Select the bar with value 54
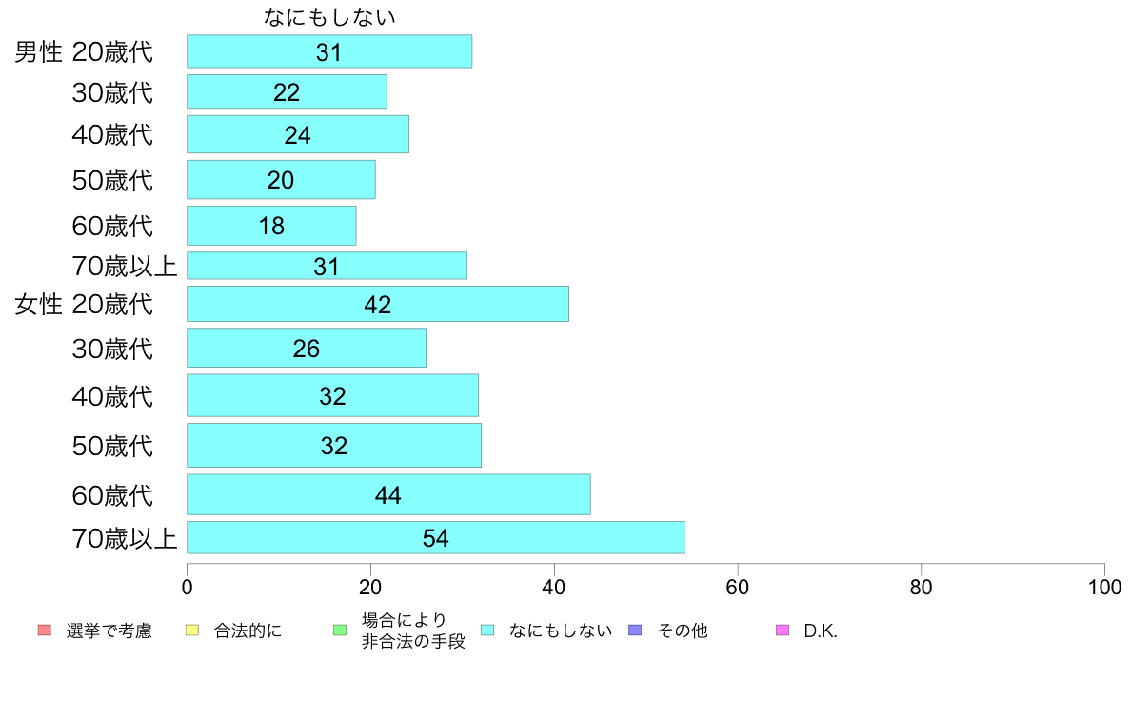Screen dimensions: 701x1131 (x=435, y=537)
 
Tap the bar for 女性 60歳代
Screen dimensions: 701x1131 (x=387, y=494)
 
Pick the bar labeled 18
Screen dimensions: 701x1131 (x=271, y=226)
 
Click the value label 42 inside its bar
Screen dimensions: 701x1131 (x=378, y=305)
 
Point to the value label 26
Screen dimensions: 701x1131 (x=307, y=349)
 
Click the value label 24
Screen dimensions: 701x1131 (x=298, y=135)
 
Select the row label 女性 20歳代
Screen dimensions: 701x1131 (x=84, y=305)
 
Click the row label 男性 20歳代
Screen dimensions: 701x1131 (x=84, y=51)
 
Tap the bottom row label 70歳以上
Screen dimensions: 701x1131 (x=125, y=539)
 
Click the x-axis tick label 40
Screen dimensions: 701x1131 (x=554, y=587)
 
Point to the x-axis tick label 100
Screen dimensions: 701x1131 (x=1104, y=587)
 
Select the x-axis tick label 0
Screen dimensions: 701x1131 (x=187, y=587)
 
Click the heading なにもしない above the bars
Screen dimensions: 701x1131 (x=329, y=17)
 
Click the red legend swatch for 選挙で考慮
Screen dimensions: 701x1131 (x=44, y=631)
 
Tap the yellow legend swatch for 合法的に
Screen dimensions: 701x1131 (x=191, y=631)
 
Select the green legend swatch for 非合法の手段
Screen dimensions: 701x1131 (x=339, y=631)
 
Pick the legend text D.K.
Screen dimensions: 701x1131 (x=821, y=631)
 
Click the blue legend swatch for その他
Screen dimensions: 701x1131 (x=635, y=631)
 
